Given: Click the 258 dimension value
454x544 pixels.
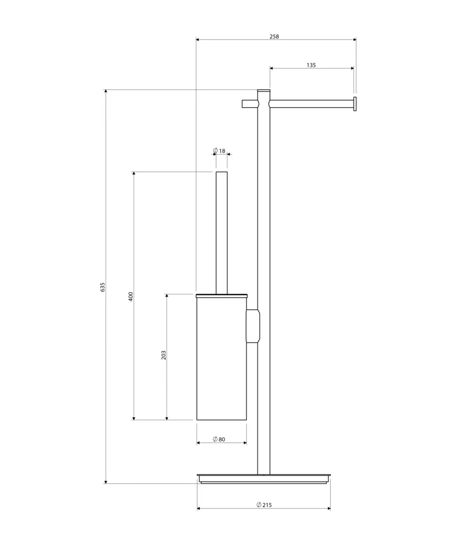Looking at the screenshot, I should click(x=274, y=37).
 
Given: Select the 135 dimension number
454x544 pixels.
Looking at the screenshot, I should click(x=311, y=65).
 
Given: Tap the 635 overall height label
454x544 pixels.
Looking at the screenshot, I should click(x=102, y=286).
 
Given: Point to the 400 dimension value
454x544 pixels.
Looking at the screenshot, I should click(x=131, y=296).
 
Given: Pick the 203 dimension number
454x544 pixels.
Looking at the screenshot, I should click(x=164, y=355).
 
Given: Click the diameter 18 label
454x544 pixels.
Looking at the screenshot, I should click(x=219, y=151).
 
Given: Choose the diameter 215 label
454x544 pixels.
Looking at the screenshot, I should click(x=264, y=505).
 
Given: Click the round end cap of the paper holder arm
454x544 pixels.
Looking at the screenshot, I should click(x=355, y=104).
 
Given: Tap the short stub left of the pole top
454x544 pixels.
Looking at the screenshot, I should click(x=250, y=104).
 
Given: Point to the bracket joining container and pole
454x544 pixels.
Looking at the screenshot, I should click(x=253, y=326).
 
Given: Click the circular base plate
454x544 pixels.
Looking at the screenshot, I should click(x=264, y=478).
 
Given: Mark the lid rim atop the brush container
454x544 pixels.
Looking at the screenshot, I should click(x=221, y=295).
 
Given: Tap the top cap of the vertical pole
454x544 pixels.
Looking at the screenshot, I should click(x=264, y=91).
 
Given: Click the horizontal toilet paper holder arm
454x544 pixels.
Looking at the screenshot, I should click(x=310, y=104).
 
